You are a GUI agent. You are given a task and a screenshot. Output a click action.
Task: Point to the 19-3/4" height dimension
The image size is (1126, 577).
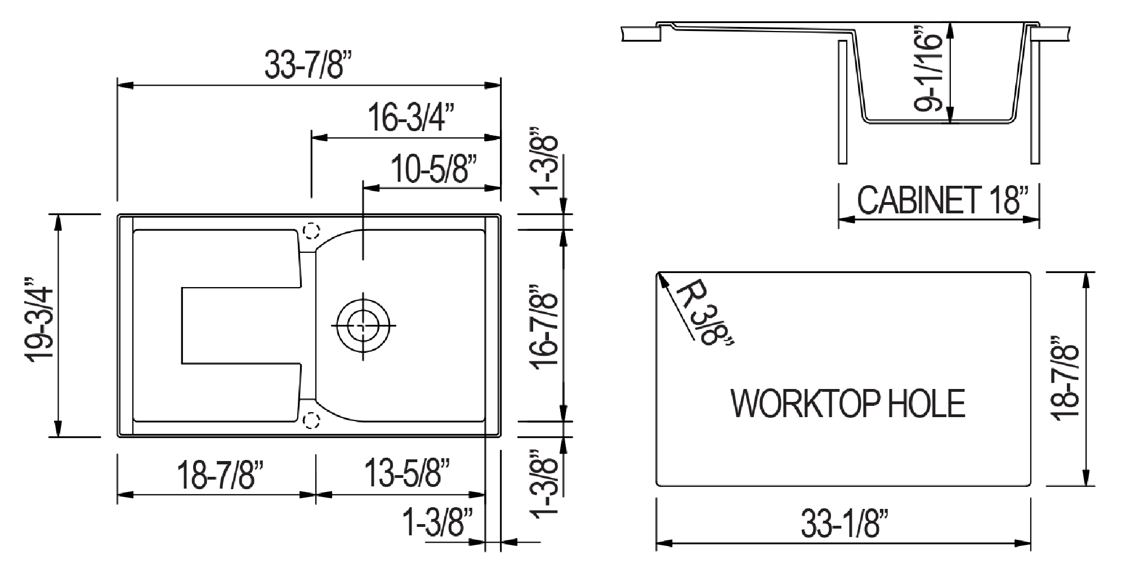[41, 325]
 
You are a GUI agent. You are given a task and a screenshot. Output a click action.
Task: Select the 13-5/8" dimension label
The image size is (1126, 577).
[406, 473]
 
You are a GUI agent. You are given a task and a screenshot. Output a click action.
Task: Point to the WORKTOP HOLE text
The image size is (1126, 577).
[848, 403]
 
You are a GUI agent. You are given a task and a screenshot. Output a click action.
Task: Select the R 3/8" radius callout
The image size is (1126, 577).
[704, 313]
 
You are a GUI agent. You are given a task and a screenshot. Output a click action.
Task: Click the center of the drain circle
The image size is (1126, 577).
[363, 326]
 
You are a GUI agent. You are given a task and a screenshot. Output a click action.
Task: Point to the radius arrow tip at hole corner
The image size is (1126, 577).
[659, 274]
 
